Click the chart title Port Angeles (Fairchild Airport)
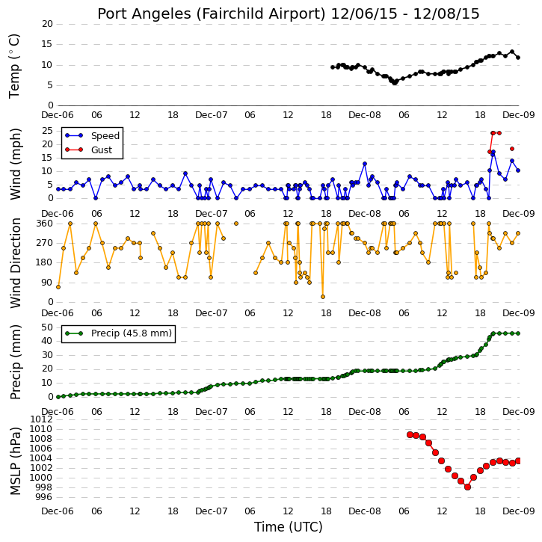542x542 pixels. pyautogui.click(x=212, y=14)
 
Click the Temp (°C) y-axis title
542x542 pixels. pyautogui.click(x=14, y=66)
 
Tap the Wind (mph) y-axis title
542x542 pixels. pyautogui.click(x=15, y=164)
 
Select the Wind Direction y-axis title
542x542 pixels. pyautogui.click(x=15, y=263)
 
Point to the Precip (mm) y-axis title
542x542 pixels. pyautogui.click(x=15, y=362)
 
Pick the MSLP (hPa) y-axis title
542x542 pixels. pyautogui.click(x=15, y=461)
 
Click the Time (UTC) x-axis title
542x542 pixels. pyautogui.click(x=289, y=527)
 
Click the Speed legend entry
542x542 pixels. pyautogui.click(x=93, y=136)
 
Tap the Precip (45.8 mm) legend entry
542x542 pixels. pyautogui.click(x=119, y=333)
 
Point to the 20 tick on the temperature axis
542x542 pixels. pyautogui.click(x=47, y=24)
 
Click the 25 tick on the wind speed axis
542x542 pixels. pyautogui.click(x=47, y=131)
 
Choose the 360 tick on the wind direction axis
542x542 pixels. pyautogui.click(x=45, y=224)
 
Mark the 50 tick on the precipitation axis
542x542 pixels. pyautogui.click(x=47, y=327)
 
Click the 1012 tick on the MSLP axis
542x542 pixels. pyautogui.click(x=42, y=419)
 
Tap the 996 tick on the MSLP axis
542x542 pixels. pyautogui.click(x=45, y=497)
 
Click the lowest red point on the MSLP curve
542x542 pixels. pyautogui.click(x=467, y=487)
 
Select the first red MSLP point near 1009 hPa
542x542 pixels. pyautogui.click(x=410, y=434)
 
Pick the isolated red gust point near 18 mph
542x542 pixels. pyautogui.click(x=512, y=149)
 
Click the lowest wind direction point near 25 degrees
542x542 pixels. pyautogui.click(x=323, y=297)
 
